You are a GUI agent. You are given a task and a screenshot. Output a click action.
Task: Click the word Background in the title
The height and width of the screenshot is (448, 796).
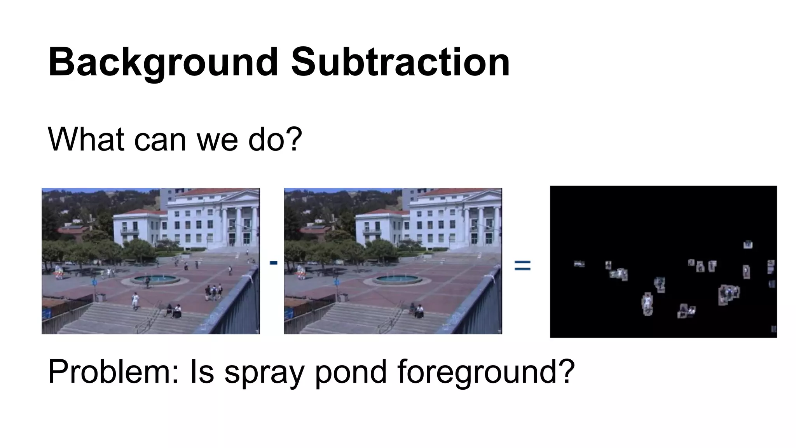(163, 62)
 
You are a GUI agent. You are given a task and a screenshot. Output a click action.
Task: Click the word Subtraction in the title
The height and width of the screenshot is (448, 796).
(400, 62)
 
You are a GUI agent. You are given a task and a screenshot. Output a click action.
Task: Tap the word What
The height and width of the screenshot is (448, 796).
(86, 139)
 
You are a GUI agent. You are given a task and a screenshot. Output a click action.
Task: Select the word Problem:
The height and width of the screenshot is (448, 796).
(113, 371)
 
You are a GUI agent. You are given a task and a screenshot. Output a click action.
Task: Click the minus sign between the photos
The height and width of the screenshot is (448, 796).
(273, 263)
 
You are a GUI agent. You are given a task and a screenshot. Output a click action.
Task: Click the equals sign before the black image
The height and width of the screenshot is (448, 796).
(522, 266)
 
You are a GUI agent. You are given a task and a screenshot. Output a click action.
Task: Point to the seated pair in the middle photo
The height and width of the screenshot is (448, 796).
(416, 310)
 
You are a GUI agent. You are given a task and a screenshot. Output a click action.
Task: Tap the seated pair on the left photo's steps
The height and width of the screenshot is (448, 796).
(174, 310)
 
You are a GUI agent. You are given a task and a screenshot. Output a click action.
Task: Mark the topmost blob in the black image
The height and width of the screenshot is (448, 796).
(748, 245)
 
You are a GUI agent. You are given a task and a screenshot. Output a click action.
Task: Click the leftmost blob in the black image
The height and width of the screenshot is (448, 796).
(579, 264)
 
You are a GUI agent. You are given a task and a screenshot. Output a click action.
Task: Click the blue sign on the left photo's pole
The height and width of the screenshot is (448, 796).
(94, 282)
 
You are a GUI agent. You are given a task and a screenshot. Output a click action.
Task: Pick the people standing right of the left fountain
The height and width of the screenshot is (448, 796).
(213, 292)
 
